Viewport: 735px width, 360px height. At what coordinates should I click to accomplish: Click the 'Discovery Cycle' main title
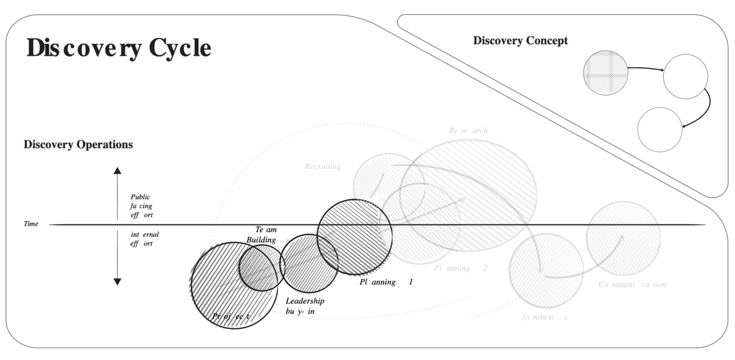click(x=119, y=48)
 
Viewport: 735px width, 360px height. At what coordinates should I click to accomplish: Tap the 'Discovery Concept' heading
click(x=520, y=41)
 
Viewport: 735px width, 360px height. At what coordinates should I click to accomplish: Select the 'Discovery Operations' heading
click(x=78, y=145)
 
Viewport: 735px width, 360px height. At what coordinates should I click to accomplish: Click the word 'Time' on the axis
click(x=31, y=224)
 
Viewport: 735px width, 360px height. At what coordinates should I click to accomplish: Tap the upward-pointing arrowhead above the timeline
click(x=118, y=171)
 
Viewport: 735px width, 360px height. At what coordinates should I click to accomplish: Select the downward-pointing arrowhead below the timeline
click(x=118, y=281)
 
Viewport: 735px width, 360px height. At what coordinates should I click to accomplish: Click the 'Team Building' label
click(x=262, y=234)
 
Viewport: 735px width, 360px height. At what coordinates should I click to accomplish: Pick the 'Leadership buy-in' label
click(x=304, y=306)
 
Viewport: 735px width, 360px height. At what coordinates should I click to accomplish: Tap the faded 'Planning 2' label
click(x=461, y=268)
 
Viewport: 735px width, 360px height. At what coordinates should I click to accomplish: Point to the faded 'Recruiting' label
click(x=323, y=167)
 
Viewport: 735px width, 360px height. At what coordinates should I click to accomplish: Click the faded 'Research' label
click(x=468, y=130)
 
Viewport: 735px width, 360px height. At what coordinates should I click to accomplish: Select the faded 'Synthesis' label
click(x=545, y=317)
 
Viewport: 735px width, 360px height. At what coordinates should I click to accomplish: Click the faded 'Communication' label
click(x=632, y=285)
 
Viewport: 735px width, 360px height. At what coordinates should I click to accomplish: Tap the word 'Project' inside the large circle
click(x=230, y=316)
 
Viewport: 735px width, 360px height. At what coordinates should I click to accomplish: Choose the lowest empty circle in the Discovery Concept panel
click(x=660, y=129)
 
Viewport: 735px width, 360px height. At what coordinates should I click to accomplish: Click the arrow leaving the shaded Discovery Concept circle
click(x=646, y=70)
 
